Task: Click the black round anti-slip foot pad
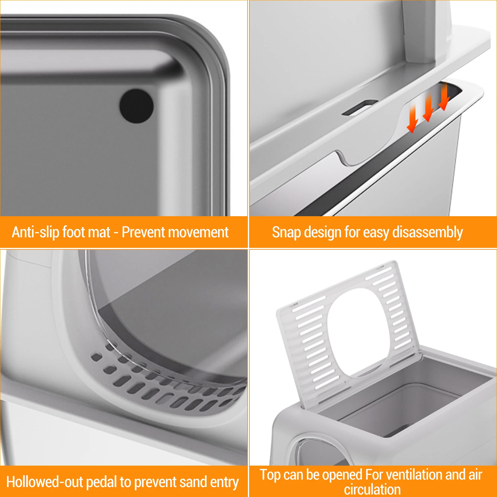[x=136, y=106]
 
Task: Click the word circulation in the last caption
[x=372, y=490]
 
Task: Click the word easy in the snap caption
[x=376, y=233]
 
